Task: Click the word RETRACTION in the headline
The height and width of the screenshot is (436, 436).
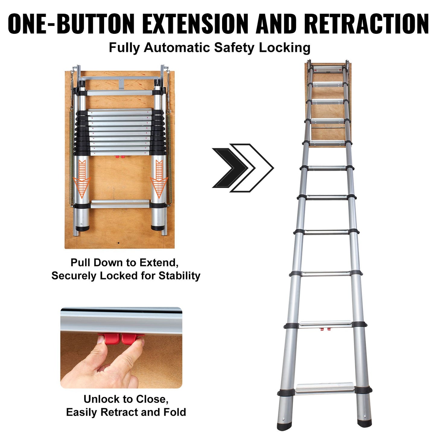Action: (x=366, y=24)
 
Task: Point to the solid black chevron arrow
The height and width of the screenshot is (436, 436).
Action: (x=229, y=168)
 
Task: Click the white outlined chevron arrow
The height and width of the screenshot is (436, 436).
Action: (x=256, y=168)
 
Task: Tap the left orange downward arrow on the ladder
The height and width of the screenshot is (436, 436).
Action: (x=82, y=178)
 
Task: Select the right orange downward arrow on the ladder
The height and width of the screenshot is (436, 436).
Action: (x=159, y=178)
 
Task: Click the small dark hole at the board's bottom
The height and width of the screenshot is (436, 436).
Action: (x=119, y=243)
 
